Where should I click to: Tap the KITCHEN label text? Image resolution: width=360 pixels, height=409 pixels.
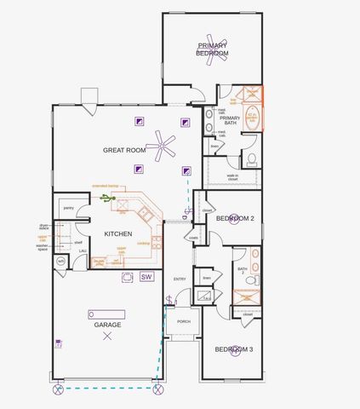pyautogui.click(x=117, y=233)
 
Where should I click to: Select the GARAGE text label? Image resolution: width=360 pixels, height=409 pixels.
pyautogui.click(x=107, y=325)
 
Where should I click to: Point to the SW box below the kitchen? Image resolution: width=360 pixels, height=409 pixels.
pyautogui.click(x=146, y=277)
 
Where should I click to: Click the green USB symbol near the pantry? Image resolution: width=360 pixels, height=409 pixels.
pyautogui.click(x=106, y=199)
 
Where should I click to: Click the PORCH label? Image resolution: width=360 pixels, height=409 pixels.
pyautogui.click(x=184, y=322)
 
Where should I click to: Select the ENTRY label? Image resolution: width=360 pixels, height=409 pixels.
pyautogui.click(x=180, y=279)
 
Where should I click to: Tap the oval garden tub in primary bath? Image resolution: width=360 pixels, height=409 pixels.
pyautogui.click(x=252, y=118)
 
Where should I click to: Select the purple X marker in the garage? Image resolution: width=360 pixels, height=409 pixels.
pyautogui.click(x=107, y=337)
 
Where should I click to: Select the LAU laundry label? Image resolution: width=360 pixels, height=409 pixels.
pyautogui.click(x=83, y=251)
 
